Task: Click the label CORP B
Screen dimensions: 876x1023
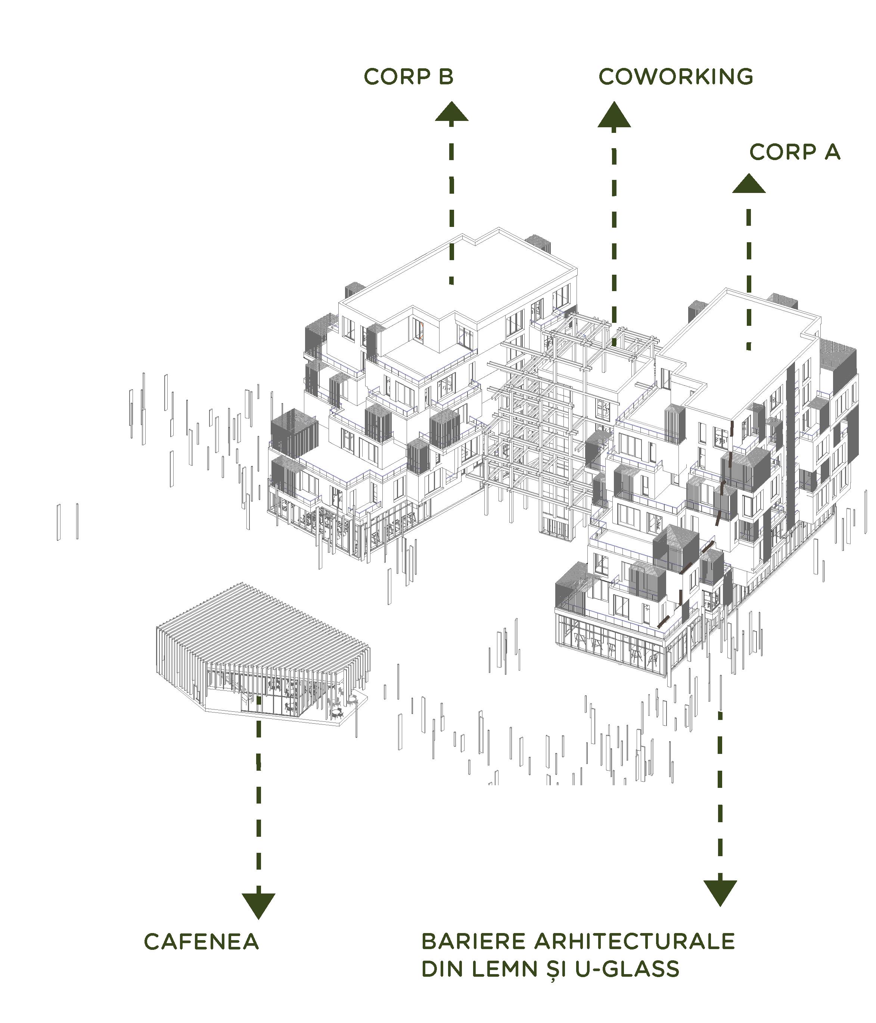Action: [x=408, y=77]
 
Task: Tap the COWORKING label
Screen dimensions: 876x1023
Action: [x=675, y=77]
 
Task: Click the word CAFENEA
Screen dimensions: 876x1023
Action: [x=202, y=942]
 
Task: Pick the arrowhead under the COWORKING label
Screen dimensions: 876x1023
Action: [x=613, y=116]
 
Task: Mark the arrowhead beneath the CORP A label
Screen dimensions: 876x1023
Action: [x=749, y=184]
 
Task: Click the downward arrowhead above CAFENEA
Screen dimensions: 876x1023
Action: [x=258, y=905]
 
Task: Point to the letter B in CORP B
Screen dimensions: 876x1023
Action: [x=445, y=77]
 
